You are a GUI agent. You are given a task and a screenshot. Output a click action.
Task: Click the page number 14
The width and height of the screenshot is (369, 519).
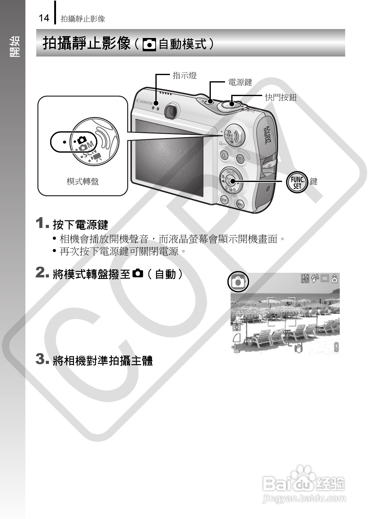coord(44,18)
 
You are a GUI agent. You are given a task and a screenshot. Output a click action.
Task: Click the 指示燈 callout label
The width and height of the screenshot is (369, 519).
coord(184,75)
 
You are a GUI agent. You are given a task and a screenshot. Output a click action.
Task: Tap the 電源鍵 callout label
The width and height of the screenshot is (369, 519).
coord(240,82)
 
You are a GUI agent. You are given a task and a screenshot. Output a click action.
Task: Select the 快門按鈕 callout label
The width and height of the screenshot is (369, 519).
coord(280,98)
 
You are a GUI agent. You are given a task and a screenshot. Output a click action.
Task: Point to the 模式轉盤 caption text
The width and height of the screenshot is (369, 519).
coord(83,181)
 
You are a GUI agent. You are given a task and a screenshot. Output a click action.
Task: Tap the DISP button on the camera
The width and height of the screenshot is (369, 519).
coord(224,200)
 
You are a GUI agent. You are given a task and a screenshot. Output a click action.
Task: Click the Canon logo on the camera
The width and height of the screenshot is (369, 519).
coord(144,102)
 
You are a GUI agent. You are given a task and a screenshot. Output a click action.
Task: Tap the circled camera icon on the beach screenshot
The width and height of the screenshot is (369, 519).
coord(238,281)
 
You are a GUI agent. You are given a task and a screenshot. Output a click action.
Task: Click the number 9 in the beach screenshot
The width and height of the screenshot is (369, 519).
coord(336,348)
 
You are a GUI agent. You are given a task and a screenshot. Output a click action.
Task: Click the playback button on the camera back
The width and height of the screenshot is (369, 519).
coord(240,159)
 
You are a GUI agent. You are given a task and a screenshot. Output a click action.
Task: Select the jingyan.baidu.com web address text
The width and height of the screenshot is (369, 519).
coord(303,498)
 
